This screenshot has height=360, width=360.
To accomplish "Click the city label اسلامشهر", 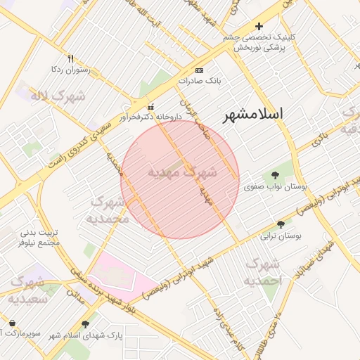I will point(252,115).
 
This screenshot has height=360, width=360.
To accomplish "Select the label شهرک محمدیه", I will point(110,210).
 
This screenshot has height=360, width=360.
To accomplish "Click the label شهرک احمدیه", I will point(262,271).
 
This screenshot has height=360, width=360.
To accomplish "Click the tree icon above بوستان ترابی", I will point(281,225).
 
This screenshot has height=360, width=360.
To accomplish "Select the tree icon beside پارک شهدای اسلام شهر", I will point(85,325).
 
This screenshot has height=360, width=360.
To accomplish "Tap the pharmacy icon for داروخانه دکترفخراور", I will point(150,107).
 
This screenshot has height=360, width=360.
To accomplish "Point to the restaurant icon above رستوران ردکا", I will point(70,58).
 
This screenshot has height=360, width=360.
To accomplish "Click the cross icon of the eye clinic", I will point(259,26).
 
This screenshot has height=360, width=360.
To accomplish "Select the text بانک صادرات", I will point(199,81).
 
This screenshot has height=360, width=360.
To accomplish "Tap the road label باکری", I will point(320,138).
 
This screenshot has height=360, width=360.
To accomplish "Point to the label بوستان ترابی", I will point(281,236).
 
